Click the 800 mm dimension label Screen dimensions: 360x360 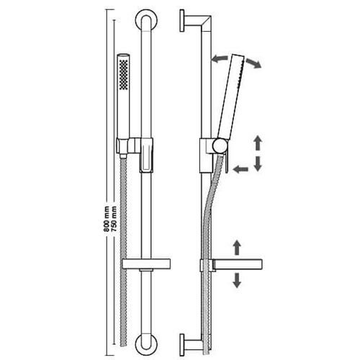click(106, 219)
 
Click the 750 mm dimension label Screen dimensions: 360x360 click(114, 219)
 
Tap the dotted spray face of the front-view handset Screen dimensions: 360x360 click(124, 75)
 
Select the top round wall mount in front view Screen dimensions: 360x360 click(146, 21)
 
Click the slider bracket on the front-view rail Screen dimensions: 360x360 click(146, 155)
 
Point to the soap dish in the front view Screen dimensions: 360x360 click(146, 264)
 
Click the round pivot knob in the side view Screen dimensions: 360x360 click(220, 145)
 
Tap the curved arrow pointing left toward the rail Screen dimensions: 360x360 click(219, 59)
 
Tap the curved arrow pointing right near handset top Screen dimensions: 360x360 click(253, 63)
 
